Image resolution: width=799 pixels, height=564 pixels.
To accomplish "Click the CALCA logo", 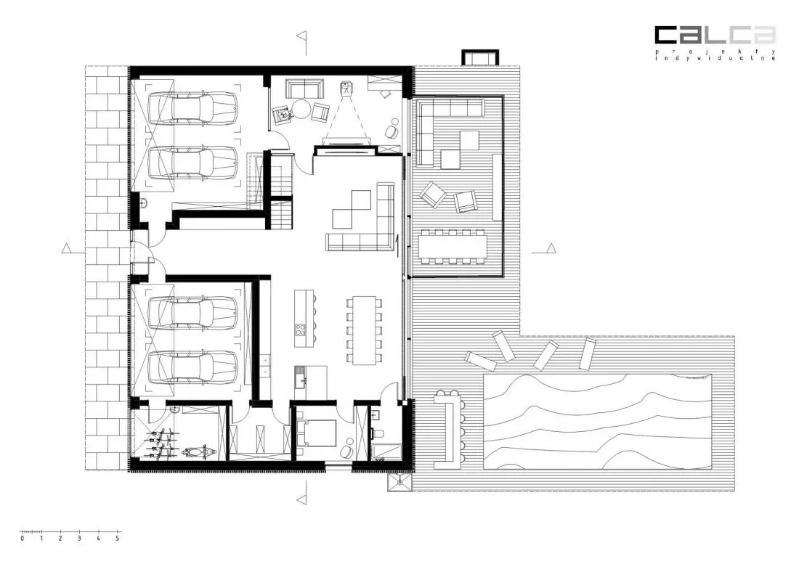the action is point(715,35).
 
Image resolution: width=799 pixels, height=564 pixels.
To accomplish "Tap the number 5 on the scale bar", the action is point(117,538).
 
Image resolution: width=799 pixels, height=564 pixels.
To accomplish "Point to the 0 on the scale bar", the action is point(22,538).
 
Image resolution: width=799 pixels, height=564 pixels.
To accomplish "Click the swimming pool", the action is point(596,421).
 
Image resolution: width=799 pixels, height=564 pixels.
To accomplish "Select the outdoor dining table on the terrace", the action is point(453,246).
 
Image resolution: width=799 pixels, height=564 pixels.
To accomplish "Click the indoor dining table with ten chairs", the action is point(364,330).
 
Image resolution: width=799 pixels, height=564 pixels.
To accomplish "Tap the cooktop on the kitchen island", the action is point(300,329).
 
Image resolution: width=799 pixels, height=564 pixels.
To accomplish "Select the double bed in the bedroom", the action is point(317,433).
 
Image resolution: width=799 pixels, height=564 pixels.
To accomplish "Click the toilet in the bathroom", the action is point(380,433).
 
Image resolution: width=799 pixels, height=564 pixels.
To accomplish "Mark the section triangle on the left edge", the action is point(65,248).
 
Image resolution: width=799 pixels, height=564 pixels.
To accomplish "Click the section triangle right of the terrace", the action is point(551,248).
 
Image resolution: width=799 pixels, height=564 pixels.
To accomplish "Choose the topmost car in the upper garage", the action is point(192,108).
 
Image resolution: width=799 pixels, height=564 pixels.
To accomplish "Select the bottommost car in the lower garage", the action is point(192,367).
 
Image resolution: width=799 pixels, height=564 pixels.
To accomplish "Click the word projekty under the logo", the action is point(715,52).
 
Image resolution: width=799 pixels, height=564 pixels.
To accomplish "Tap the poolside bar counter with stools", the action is point(449,428).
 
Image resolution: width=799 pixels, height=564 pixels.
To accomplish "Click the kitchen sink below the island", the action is point(299,379).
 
